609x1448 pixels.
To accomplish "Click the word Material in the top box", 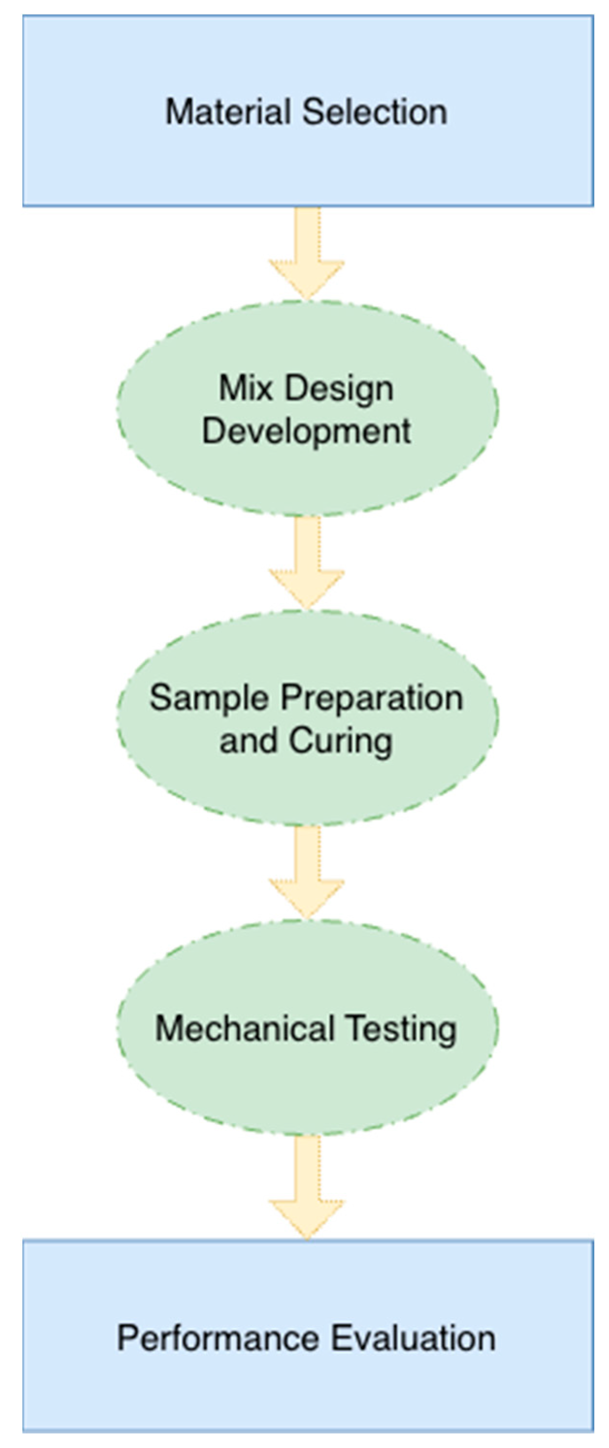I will (x=229, y=112).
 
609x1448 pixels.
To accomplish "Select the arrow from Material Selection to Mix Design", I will (x=307, y=253).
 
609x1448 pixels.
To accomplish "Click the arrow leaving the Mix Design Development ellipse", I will (x=307, y=562).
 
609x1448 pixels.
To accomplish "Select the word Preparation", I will (x=372, y=698).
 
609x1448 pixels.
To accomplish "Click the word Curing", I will (x=341, y=741).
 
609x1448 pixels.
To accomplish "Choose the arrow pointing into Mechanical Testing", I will (x=307, y=871).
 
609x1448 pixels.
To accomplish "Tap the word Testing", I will (x=400, y=1029).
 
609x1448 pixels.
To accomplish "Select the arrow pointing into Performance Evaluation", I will (x=307, y=1186).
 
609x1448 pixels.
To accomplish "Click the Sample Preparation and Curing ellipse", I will (x=307, y=787).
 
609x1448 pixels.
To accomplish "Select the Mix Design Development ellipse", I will (x=307, y=478).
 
